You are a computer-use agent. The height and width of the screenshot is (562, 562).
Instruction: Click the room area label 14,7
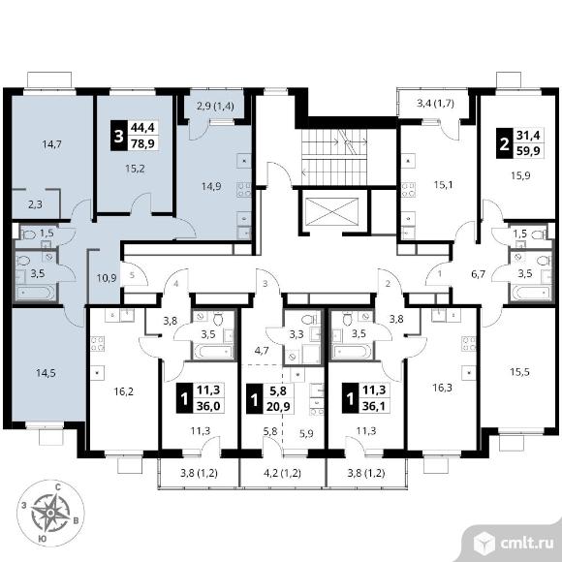[52, 144]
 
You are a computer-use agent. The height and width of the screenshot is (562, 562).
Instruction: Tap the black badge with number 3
[118, 137]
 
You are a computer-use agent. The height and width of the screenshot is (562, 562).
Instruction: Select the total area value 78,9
[142, 143]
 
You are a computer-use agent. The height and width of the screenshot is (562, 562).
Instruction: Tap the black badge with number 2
[504, 144]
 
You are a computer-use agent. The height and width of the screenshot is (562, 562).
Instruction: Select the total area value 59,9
[528, 150]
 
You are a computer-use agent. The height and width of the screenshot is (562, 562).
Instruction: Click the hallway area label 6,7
[478, 274]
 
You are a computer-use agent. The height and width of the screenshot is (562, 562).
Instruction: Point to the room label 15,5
[519, 372]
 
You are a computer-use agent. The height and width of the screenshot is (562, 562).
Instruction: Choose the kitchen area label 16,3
[442, 388]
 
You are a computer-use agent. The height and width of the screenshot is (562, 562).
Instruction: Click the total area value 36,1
[374, 407]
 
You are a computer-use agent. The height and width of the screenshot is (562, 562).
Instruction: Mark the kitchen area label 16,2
[123, 391]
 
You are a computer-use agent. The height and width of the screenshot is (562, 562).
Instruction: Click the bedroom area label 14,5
[46, 373]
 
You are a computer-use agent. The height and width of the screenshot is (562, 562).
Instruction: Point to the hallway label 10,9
[107, 278]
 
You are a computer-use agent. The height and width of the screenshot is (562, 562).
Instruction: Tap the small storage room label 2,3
[35, 204]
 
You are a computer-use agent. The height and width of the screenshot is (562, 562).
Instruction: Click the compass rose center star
[50, 514]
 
